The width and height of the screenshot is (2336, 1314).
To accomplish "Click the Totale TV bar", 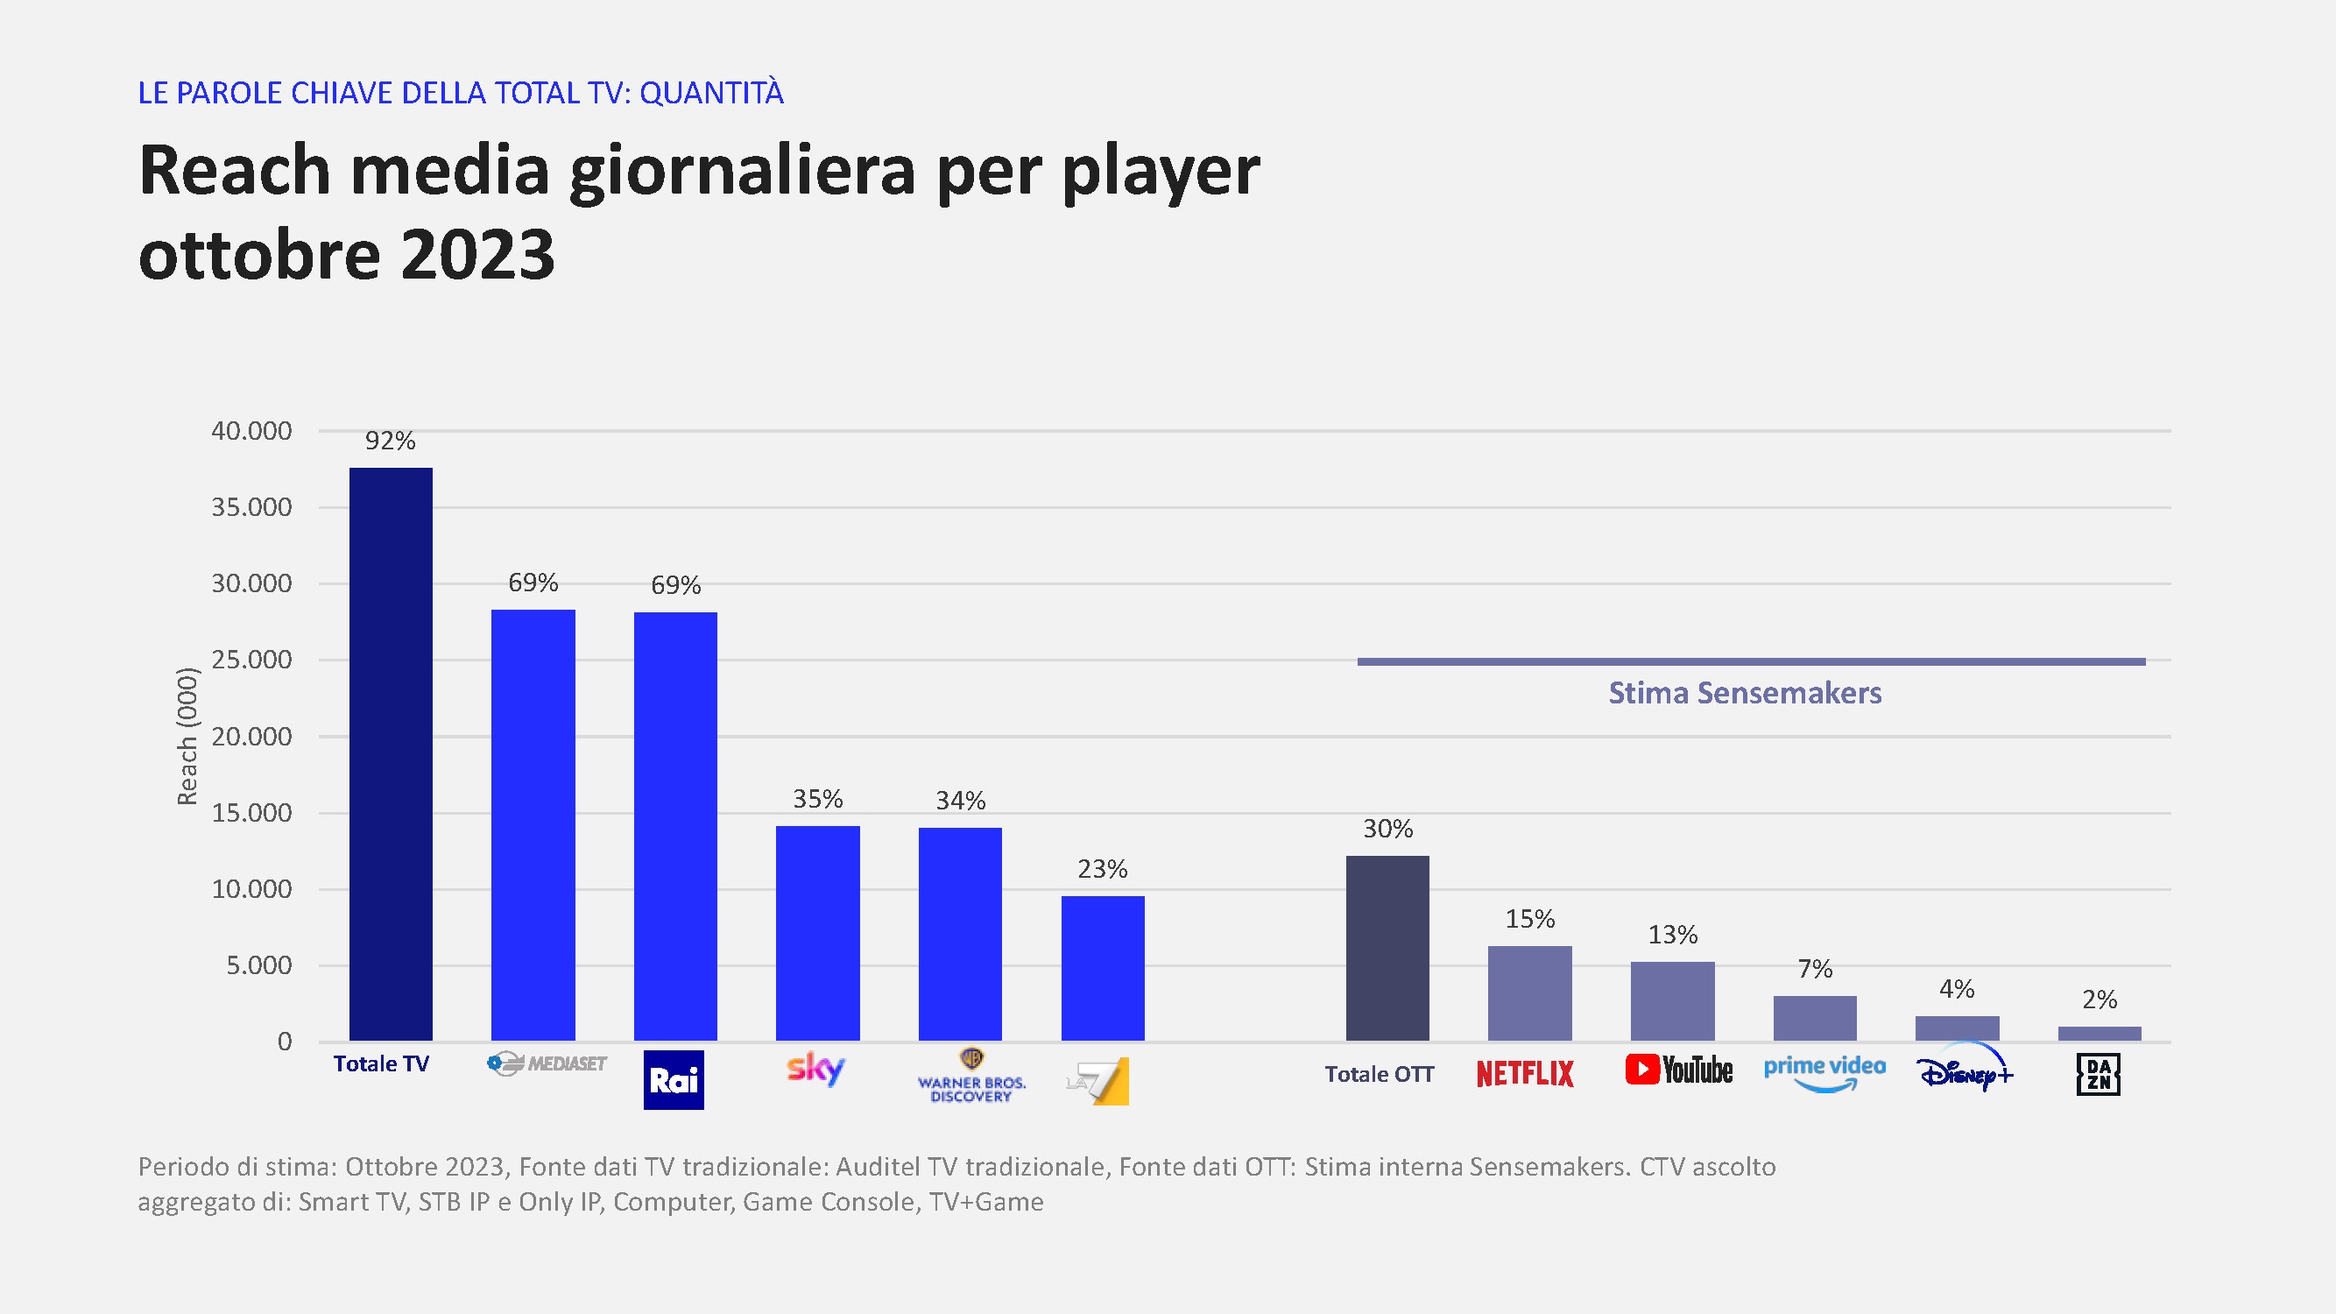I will click(x=391, y=753).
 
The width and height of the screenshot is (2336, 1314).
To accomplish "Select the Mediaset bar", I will click(x=533, y=824).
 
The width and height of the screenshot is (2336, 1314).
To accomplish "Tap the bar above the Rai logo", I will click(x=675, y=826).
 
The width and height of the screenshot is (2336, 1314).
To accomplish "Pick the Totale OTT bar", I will click(x=1387, y=948).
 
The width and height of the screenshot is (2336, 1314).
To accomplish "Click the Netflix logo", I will click(x=1525, y=1074).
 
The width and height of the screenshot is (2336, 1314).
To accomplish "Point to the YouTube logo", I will click(x=1678, y=1070).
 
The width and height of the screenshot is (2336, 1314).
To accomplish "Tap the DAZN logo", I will click(x=2099, y=1075).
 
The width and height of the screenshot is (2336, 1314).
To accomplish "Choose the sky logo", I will click(x=816, y=1068).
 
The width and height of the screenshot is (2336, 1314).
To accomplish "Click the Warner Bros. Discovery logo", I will click(x=971, y=1078).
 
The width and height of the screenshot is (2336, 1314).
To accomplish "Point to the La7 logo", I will click(x=1099, y=1081).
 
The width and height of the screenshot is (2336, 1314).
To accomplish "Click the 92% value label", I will click(x=390, y=441).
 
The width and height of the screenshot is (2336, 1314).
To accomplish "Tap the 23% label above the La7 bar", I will click(x=1103, y=869).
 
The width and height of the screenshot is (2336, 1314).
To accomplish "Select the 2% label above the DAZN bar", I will click(x=2100, y=1000).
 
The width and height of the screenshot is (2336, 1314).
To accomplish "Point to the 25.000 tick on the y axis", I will click(x=251, y=660).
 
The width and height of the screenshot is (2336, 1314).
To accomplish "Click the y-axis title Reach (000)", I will click(x=187, y=736).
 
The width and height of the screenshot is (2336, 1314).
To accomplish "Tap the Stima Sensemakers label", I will click(x=1745, y=693).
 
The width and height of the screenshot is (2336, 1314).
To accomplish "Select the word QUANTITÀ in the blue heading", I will click(x=712, y=93).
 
